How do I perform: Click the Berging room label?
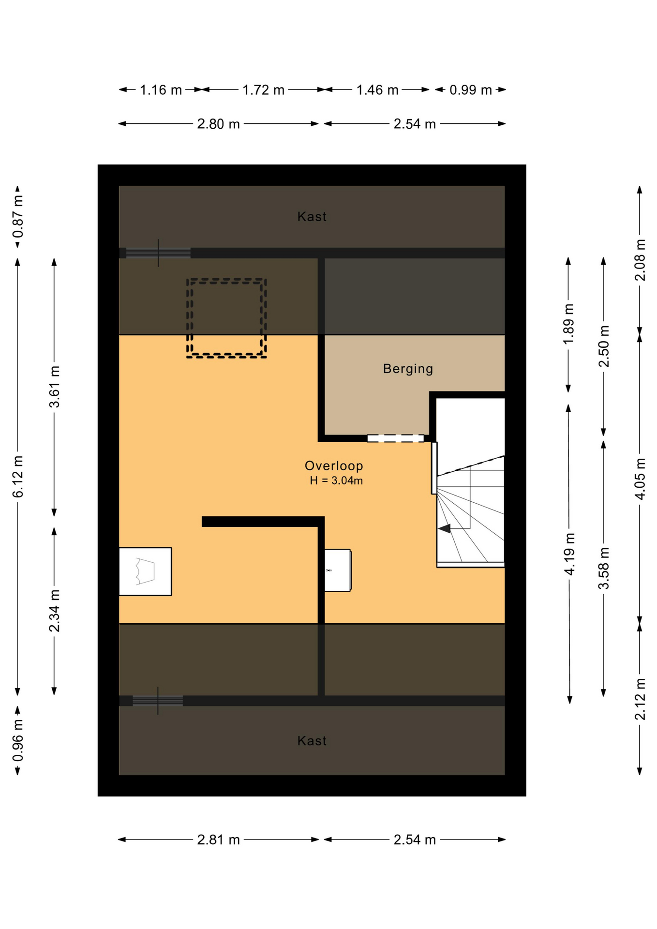(x=408, y=369)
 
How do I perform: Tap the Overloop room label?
(x=334, y=466)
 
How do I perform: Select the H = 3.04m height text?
(x=336, y=481)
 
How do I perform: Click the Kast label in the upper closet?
(x=312, y=217)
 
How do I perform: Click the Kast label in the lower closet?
(x=312, y=741)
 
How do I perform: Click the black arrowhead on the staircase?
(x=445, y=528)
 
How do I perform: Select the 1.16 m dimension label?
(x=161, y=90)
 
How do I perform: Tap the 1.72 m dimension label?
(x=263, y=90)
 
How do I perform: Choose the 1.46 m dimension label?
(x=377, y=90)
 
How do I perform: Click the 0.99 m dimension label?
(x=471, y=90)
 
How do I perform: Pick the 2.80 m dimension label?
(x=218, y=124)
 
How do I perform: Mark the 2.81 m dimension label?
(x=218, y=840)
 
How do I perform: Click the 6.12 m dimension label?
(x=18, y=476)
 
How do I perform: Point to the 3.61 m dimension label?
(x=54, y=387)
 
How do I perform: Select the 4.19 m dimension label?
(x=569, y=554)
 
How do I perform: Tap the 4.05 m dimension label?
(x=640, y=479)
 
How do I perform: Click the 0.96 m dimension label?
(x=18, y=740)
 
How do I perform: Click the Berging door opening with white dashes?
(x=395, y=438)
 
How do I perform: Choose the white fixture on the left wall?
(x=145, y=571)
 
